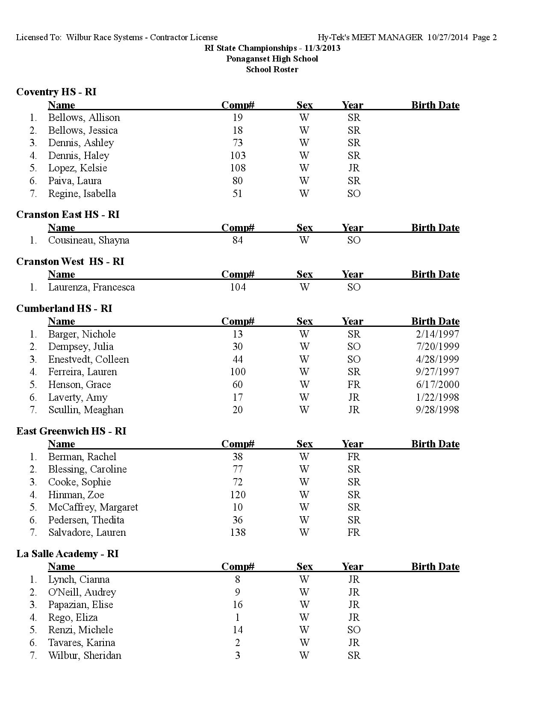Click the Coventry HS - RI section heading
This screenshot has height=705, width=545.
pyautogui.click(x=56, y=92)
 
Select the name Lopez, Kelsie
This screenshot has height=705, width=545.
pyautogui.click(x=77, y=168)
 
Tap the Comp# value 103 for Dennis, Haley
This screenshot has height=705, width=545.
pyautogui.click(x=238, y=156)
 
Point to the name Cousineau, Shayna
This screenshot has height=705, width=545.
pyautogui.click(x=88, y=240)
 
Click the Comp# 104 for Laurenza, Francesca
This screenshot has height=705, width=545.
pyautogui.click(x=238, y=287)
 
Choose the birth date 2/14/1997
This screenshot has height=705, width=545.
pyautogui.click(x=437, y=334)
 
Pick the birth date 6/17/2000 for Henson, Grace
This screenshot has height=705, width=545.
pyautogui.click(x=437, y=385)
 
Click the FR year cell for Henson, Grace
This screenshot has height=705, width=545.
pyautogui.click(x=354, y=385)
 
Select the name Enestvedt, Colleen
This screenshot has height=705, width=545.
pyautogui.click(x=88, y=359)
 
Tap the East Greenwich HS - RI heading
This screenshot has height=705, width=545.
pyautogui.click(x=71, y=431)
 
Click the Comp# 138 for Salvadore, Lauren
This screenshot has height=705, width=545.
pyautogui.click(x=238, y=532)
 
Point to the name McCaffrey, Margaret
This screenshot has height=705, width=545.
pyautogui.click(x=93, y=507)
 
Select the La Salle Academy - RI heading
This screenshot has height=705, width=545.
pyautogui.click(x=68, y=554)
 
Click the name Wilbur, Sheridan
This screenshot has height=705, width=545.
pyautogui.click(x=85, y=655)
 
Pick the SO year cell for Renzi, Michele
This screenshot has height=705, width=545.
pyautogui.click(x=354, y=630)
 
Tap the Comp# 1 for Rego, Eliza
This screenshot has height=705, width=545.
pyautogui.click(x=238, y=617)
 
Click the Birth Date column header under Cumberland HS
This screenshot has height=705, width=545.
pyautogui.click(x=435, y=321)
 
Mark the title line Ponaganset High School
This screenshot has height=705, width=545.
pyautogui.click(x=272, y=59)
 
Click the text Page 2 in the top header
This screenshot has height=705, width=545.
pyautogui.click(x=485, y=38)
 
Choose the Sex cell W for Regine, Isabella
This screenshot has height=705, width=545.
pyautogui.click(x=304, y=194)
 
